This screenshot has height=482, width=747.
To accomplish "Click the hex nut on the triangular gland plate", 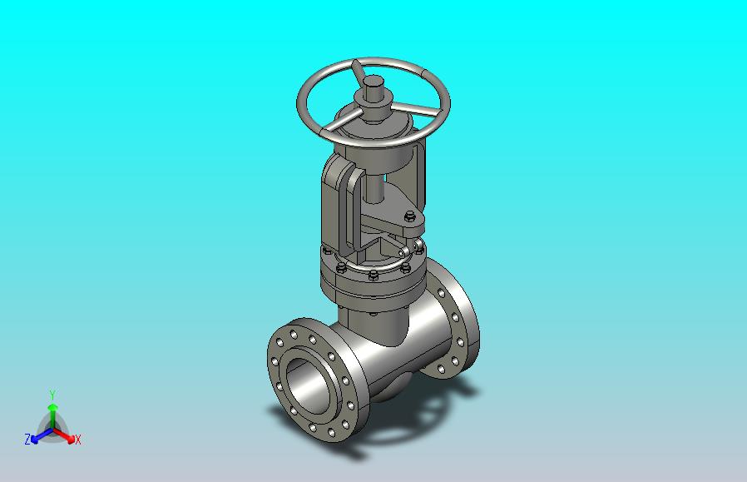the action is (x=410, y=217).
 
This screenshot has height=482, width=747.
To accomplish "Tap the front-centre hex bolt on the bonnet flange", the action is (x=373, y=275).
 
